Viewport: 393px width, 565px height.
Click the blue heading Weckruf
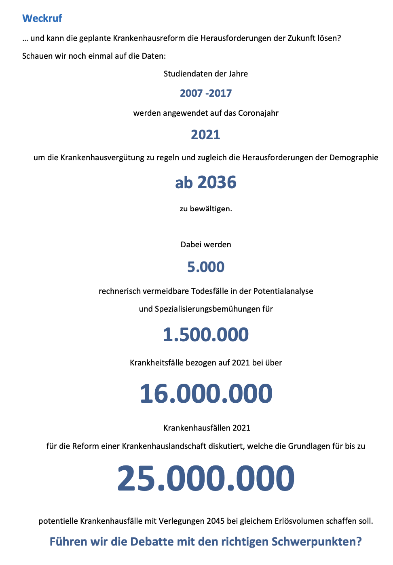click(x=42, y=18)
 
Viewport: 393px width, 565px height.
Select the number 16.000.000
click(x=206, y=393)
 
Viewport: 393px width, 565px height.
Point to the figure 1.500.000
click(x=206, y=335)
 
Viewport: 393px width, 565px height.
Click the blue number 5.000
click(x=206, y=267)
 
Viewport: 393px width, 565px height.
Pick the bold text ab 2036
click(x=206, y=183)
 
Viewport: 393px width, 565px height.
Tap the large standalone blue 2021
click(x=205, y=135)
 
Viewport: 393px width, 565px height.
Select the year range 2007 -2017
click(x=206, y=93)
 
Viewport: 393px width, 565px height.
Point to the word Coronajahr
click(x=258, y=113)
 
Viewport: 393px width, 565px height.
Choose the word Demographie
click(x=354, y=158)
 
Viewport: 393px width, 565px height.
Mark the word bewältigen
click(x=211, y=209)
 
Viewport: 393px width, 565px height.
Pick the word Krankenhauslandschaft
click(x=164, y=446)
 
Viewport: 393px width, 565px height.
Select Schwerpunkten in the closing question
click(x=317, y=542)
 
